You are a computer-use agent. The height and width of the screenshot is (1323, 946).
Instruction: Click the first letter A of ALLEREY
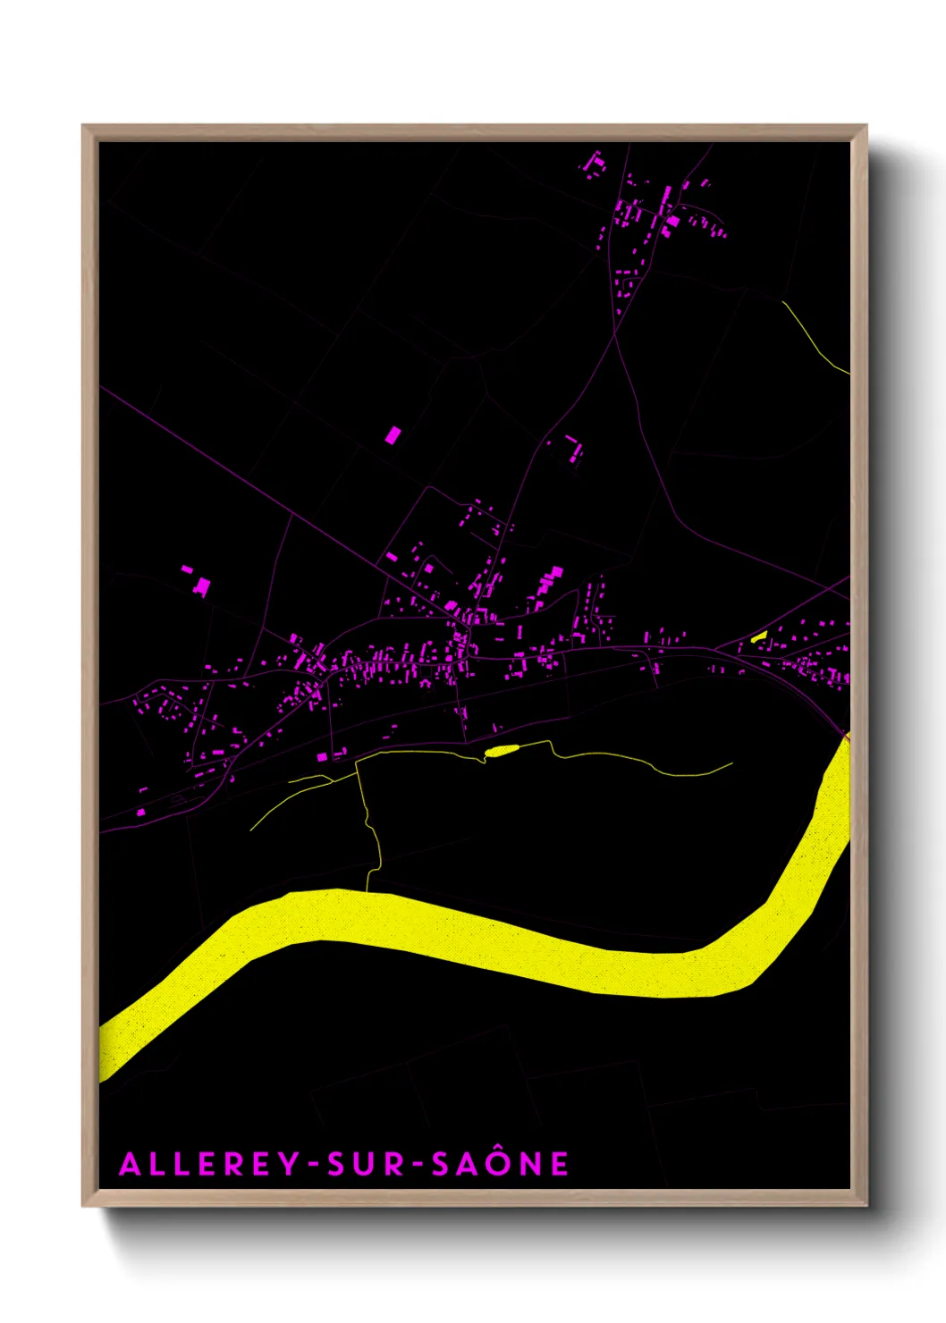130,1164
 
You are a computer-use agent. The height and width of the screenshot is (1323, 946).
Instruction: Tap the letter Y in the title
288,1164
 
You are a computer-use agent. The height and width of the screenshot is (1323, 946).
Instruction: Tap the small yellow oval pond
502,751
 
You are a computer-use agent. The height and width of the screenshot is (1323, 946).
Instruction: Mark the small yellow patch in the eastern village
759,636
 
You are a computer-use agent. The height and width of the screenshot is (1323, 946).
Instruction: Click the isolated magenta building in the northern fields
392,435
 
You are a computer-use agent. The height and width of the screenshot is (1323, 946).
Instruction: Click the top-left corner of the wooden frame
84,127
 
